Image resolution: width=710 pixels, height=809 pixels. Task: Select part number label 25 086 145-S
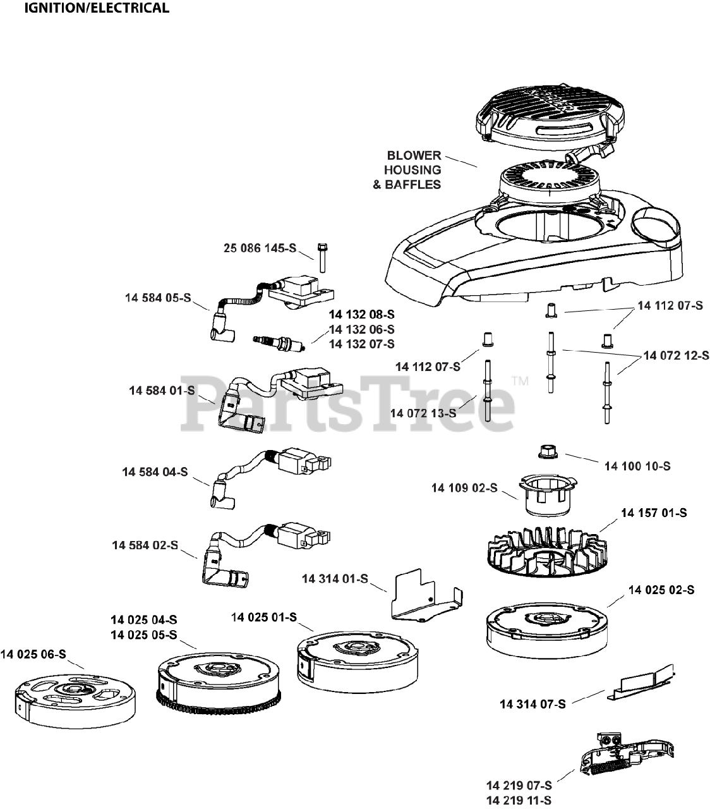[260, 248]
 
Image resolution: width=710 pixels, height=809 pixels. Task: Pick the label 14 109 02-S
[464, 488]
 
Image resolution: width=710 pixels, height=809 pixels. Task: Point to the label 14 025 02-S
[661, 590]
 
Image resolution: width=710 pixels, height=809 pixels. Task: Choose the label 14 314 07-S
[532, 703]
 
